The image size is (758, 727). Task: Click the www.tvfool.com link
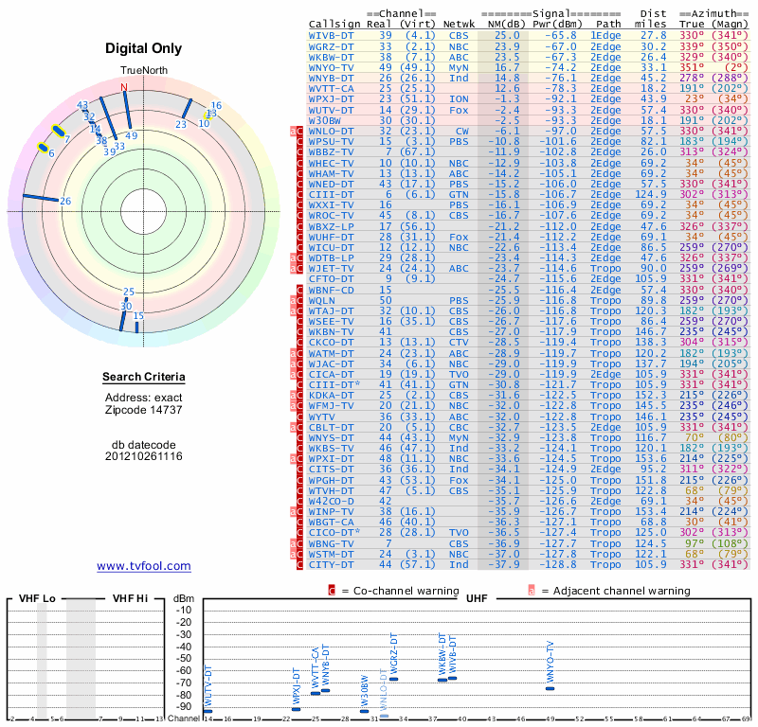click(x=144, y=566)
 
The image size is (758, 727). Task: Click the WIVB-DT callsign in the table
click(x=332, y=34)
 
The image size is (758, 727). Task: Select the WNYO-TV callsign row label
click(x=332, y=67)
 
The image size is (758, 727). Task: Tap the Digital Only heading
click(x=144, y=48)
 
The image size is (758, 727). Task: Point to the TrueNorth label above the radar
click(x=142, y=71)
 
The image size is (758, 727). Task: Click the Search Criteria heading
click(x=144, y=378)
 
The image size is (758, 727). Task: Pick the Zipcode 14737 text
click(x=144, y=411)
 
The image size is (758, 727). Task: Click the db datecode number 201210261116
click(x=144, y=456)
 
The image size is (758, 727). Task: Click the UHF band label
click(x=477, y=598)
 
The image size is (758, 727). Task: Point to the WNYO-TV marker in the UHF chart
click(x=550, y=688)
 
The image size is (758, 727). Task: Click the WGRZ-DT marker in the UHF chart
click(x=394, y=679)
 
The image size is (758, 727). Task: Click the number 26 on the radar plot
click(x=65, y=201)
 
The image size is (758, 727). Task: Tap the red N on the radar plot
click(x=123, y=87)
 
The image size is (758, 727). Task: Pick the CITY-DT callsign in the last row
click(x=332, y=565)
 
